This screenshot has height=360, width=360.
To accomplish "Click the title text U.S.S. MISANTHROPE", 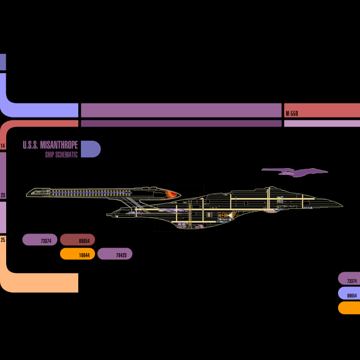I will [50, 145].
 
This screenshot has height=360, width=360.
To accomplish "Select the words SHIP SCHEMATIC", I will [61, 154].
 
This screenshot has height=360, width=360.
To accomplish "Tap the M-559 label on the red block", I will [292, 114].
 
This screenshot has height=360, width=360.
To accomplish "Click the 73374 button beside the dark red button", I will [40, 240].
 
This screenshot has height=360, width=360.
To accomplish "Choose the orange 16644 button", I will [78, 254].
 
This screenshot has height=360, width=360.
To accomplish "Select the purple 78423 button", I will [115, 254].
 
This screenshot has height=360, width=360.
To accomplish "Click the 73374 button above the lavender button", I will [349, 278].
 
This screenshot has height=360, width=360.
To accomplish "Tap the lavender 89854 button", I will [349, 293].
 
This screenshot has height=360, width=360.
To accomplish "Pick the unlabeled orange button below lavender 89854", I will [349, 308].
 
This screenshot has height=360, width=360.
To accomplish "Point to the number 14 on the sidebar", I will [3, 146].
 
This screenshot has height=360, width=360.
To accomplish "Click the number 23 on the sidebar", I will [3, 195].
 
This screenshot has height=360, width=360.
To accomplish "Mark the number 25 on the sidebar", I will [3, 240].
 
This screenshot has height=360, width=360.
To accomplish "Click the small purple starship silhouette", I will [295, 171].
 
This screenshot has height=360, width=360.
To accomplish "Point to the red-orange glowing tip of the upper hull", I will [172, 194].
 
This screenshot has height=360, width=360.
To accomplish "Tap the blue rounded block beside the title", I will [91, 149].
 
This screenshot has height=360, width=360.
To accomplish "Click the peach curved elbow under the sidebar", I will [39, 282].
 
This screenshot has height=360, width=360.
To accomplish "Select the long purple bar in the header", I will [181, 110].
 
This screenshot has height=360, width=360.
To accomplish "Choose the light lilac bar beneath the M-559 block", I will [322, 123].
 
